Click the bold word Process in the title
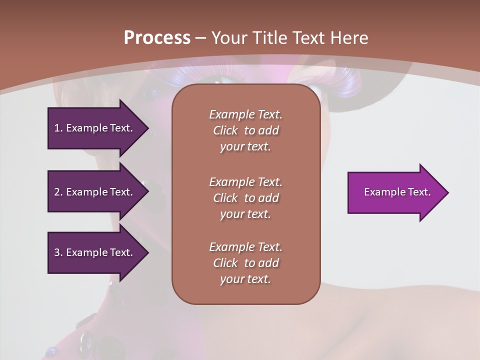pos(157,38)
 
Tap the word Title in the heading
pos(268,38)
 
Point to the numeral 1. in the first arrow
pos(58,128)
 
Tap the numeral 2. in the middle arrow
pos(58,192)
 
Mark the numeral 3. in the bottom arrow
pos(58,252)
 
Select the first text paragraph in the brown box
pos(245,130)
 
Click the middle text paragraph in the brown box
pos(245,198)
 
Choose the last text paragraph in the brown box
pos(245,263)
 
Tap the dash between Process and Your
pos(200,38)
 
